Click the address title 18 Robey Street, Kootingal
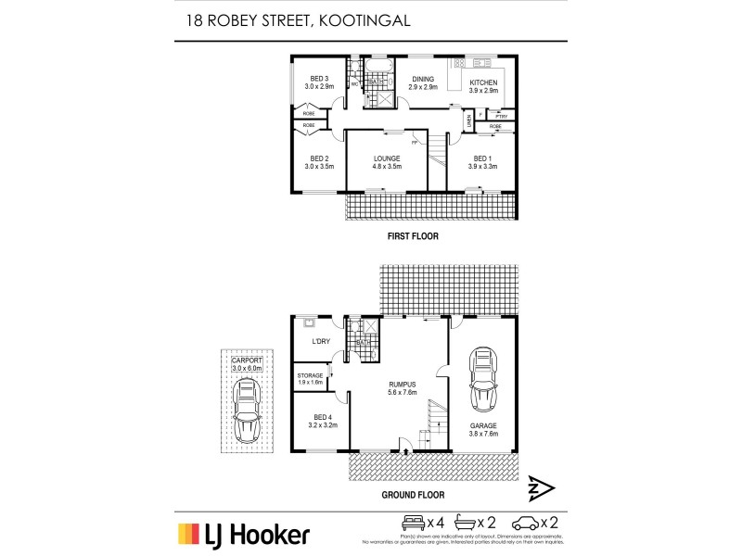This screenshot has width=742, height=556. pos(293,19)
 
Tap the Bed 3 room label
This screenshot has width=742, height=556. pos(319,82)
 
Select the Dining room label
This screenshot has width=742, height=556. pos(424,82)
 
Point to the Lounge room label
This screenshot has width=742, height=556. pos(387,162)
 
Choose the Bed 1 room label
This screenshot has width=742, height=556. pos(481,162)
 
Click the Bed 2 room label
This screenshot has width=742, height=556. pos(319,162)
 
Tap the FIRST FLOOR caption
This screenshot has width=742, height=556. pos(413,237)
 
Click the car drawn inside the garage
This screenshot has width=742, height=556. pos(482,380)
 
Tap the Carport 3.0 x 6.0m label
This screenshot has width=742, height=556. pos(248,363)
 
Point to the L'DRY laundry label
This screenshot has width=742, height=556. pos(321,342)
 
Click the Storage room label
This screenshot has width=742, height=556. pos(310,378)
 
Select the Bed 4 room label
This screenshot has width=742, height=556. pos(321,421)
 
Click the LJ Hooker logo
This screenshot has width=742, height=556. pos(243,534)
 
